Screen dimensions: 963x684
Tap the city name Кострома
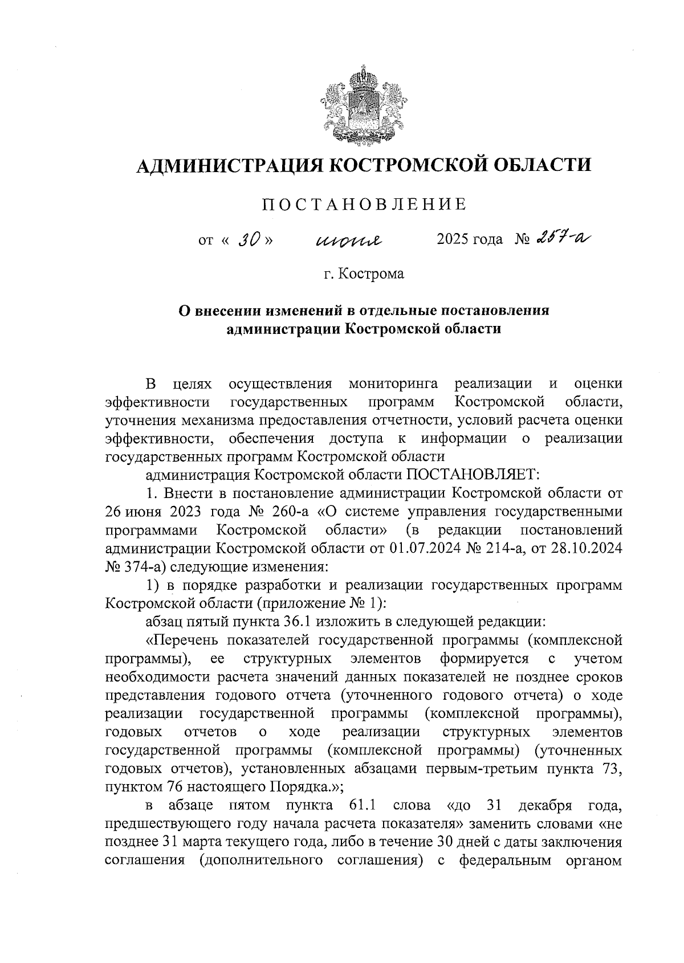[x=371, y=274]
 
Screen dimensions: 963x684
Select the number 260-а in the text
[x=295, y=511]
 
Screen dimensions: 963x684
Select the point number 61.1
[x=362, y=806]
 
